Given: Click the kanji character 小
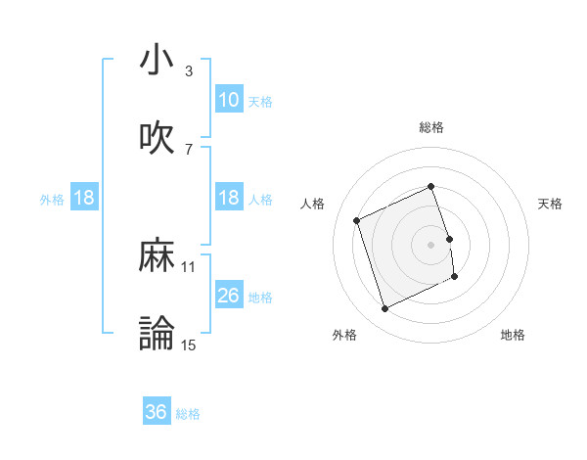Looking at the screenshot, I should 157,61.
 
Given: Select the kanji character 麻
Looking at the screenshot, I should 157,256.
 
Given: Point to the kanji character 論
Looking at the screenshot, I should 157,333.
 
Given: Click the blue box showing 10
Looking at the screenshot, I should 228,99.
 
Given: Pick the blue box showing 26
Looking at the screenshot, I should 228,296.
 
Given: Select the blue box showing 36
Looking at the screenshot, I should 157,412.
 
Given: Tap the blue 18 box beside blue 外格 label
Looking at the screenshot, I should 84,198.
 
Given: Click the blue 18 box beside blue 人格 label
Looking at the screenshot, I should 228,198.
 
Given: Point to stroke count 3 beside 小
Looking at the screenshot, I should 189,71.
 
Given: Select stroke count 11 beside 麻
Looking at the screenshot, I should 189,266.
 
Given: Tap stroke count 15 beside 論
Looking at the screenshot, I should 189,344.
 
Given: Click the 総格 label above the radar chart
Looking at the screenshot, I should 431,127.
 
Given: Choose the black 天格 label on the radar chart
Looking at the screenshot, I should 550,204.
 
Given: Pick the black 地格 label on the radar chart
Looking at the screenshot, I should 513,335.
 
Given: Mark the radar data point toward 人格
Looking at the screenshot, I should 357,220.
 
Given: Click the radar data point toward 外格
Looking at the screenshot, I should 384,309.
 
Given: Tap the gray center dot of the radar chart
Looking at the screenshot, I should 431,244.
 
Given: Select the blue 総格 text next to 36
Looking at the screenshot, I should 188,414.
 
